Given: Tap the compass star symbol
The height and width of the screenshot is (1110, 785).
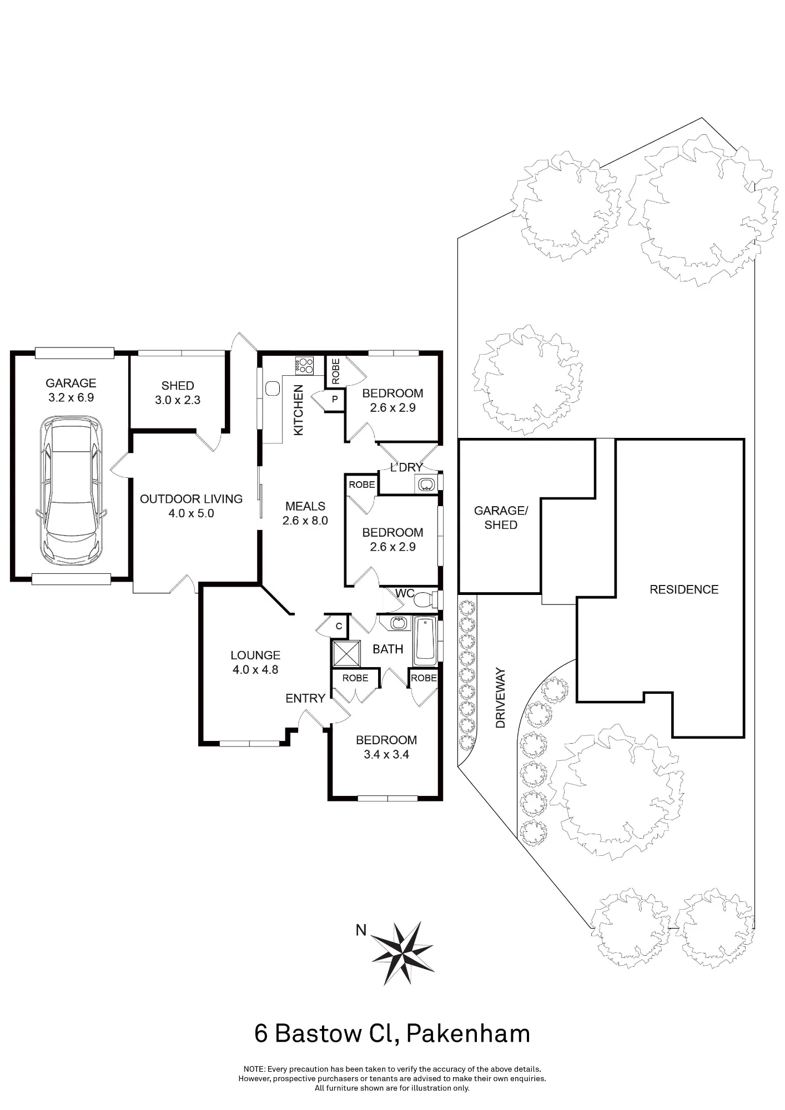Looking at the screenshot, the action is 402,953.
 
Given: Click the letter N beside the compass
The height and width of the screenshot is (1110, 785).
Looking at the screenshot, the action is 361,930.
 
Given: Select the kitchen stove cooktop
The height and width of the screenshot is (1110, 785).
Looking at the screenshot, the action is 304,365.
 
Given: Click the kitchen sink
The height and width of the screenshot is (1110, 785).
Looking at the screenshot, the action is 273,388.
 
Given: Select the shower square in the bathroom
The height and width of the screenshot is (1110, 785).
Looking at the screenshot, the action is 345,653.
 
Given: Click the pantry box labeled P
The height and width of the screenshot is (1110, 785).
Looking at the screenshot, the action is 335,400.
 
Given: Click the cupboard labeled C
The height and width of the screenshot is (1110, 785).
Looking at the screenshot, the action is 338,626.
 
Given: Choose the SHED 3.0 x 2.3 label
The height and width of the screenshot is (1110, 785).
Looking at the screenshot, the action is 178,392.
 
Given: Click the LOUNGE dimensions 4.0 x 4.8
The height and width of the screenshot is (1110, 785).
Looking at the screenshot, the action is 255,669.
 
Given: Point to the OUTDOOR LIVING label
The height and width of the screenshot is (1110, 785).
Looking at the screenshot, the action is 192,499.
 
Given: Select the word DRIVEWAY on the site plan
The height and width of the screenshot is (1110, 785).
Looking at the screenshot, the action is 501,698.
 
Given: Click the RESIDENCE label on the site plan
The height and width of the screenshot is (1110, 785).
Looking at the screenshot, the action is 684,589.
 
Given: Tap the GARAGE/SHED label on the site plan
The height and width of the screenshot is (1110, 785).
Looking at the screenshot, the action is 501,517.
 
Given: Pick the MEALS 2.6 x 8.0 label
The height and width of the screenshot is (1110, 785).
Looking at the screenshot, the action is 305,513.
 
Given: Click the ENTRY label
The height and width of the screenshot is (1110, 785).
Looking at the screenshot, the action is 305,698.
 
